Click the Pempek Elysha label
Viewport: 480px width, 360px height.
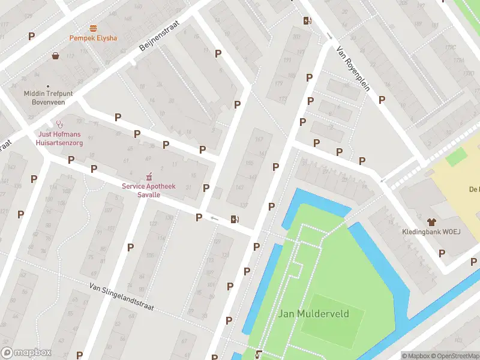click(93, 38)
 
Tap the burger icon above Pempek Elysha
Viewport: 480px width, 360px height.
click(93, 28)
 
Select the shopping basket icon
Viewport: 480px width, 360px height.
click(56, 56)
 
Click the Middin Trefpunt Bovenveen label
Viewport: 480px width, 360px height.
click(48, 97)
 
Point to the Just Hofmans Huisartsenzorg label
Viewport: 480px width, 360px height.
click(60, 139)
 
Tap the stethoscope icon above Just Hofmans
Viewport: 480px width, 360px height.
click(59, 124)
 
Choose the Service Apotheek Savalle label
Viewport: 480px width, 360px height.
click(149, 191)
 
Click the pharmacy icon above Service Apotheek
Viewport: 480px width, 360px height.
click(149, 177)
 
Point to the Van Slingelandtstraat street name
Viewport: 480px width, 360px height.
click(122, 296)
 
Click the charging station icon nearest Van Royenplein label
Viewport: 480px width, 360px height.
click(307, 21)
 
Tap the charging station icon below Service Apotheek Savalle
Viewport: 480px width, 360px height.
click(234, 219)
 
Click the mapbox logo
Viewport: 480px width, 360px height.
click(26, 353)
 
